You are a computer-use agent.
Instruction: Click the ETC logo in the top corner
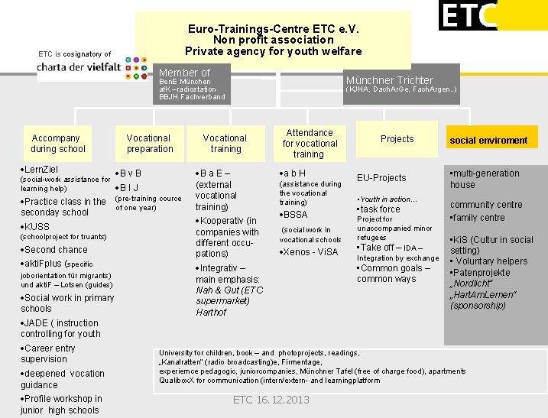(x=468, y=15)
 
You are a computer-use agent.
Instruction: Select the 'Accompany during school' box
(x=58, y=144)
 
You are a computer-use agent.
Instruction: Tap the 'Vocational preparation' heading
(x=149, y=144)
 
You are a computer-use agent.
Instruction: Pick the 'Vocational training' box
(x=225, y=144)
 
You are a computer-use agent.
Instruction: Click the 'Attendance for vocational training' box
(x=310, y=144)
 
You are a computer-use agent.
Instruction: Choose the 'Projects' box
(x=397, y=139)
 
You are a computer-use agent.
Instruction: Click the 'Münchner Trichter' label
(x=389, y=80)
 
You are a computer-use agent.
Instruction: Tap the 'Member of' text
(x=184, y=73)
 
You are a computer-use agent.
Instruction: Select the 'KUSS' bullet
(x=37, y=227)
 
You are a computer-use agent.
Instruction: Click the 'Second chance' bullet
(x=56, y=250)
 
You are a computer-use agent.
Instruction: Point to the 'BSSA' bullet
(x=295, y=215)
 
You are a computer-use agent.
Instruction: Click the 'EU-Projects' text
(x=381, y=178)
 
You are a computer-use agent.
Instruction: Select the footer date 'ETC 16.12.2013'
(x=271, y=400)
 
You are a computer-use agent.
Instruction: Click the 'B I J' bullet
(x=129, y=187)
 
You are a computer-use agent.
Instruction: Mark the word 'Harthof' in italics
(x=211, y=312)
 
